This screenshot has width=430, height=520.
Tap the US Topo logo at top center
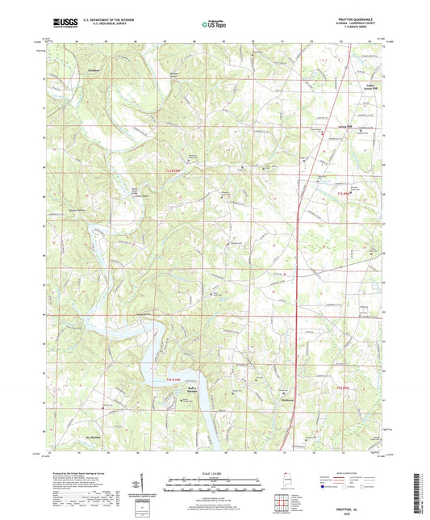(214, 25)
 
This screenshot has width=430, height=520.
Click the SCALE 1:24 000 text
(215, 473)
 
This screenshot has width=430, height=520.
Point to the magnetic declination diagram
(143, 484)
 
